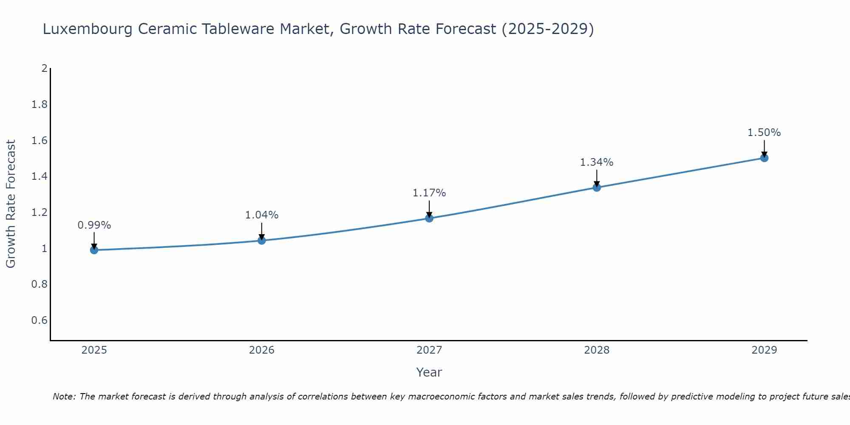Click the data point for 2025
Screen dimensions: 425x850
tap(94, 250)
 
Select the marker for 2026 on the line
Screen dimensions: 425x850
tap(261, 241)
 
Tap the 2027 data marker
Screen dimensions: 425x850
tap(429, 218)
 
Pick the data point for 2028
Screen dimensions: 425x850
tap(597, 187)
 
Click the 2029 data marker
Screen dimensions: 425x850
tap(764, 158)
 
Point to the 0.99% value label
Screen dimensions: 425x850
tap(94, 225)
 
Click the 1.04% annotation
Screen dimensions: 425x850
tap(261, 215)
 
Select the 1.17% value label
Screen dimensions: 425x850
tap(429, 193)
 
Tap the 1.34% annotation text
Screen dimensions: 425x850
tap(597, 162)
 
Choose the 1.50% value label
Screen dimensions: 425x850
tap(764, 133)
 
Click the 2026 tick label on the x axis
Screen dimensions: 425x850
tap(261, 350)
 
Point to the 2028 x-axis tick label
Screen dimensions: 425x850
tap(597, 350)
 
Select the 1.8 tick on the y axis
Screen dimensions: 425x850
tap(39, 105)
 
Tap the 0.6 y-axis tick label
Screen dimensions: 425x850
tap(39, 320)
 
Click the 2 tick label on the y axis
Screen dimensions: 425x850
tap(44, 68)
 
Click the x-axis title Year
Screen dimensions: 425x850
tap(429, 372)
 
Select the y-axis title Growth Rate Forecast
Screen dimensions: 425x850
tap(11, 204)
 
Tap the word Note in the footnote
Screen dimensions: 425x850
tap(64, 397)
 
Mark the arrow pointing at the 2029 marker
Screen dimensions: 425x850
tap(764, 149)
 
